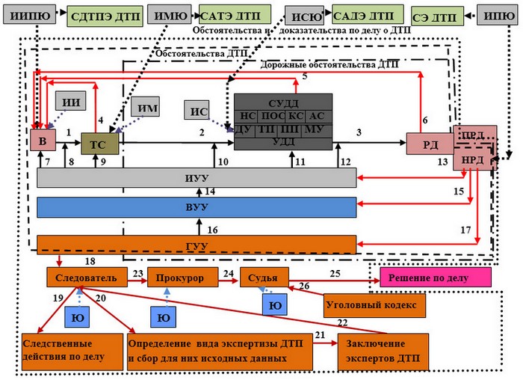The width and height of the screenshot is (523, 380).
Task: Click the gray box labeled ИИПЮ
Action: (x=28, y=14)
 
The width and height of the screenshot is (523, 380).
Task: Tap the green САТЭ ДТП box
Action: (x=231, y=14)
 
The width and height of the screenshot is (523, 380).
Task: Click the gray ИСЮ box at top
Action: (x=305, y=14)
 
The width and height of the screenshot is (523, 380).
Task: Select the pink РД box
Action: (x=429, y=142)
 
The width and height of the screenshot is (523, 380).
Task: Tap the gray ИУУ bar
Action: (x=196, y=177)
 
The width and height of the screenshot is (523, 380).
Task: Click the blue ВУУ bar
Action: (x=196, y=207)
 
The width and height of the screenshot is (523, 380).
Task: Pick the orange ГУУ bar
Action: (x=196, y=244)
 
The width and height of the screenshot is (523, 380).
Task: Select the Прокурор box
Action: (x=179, y=278)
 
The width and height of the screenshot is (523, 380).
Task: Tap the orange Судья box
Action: (x=259, y=278)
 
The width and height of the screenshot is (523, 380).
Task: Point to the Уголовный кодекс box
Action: (x=374, y=305)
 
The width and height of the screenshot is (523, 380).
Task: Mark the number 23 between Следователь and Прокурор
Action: (x=137, y=273)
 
